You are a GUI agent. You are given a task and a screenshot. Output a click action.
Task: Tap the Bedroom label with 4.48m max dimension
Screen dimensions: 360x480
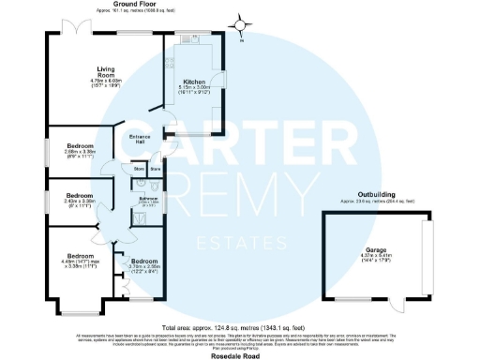[80, 256]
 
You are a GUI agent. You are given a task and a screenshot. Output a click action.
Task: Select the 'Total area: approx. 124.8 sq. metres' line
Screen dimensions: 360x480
[240, 328]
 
